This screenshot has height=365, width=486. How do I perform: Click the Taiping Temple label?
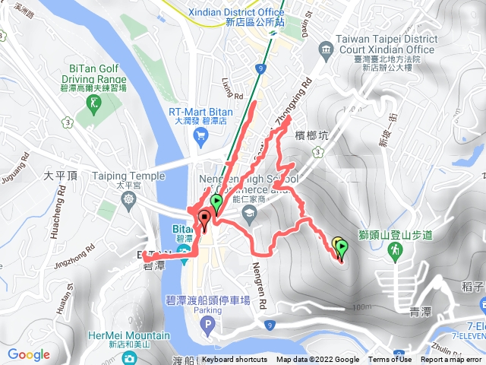click(x=128, y=176)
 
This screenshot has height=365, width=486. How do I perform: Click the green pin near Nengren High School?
click(x=216, y=203)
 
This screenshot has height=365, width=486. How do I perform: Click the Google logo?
click(x=29, y=354)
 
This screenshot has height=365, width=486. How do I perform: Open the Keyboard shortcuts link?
click(x=234, y=360)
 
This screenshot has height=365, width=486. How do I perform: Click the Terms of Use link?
click(x=390, y=360)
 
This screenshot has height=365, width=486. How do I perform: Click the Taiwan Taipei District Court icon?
click(x=327, y=51)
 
